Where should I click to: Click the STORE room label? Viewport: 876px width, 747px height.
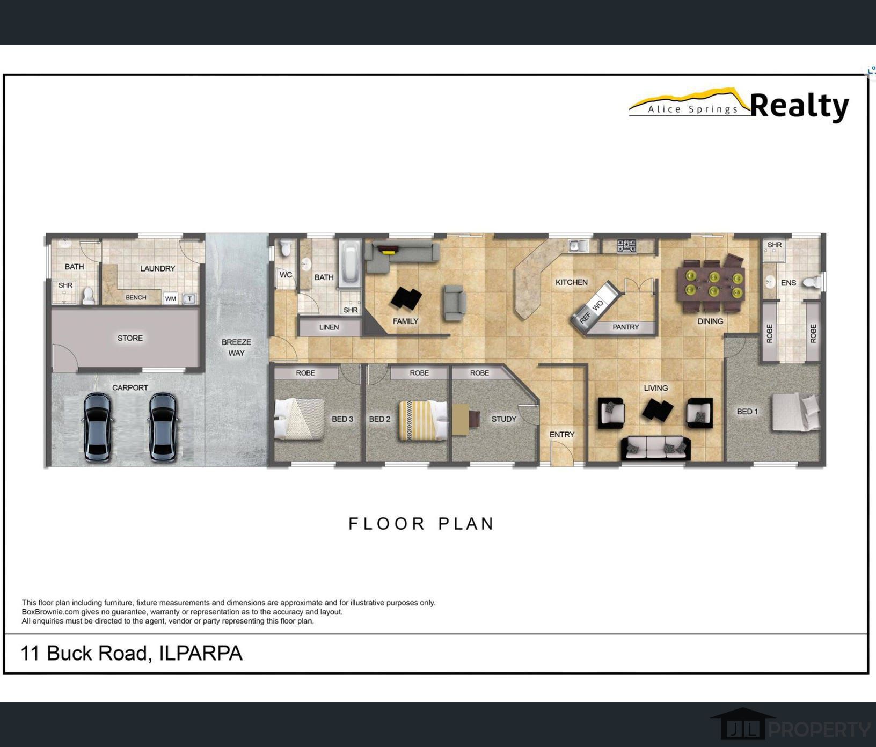(130, 338)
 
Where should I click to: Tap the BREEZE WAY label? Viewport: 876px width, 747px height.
(236, 347)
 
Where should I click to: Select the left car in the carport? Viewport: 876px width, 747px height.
(98, 427)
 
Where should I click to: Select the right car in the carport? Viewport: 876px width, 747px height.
(163, 427)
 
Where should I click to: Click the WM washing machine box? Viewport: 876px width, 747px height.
(171, 299)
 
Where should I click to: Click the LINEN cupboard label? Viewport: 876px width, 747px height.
(328, 327)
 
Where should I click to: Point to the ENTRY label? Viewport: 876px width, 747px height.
(561, 435)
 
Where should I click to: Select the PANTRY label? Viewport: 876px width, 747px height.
(625, 327)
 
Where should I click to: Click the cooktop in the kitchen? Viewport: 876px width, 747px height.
(626, 246)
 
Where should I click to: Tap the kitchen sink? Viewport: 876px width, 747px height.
(578, 246)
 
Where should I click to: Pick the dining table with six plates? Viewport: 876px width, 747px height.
(713, 284)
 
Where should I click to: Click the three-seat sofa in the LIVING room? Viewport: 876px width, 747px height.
(656, 448)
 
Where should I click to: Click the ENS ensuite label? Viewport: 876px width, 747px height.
(788, 283)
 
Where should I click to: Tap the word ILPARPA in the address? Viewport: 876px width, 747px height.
(201, 653)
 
